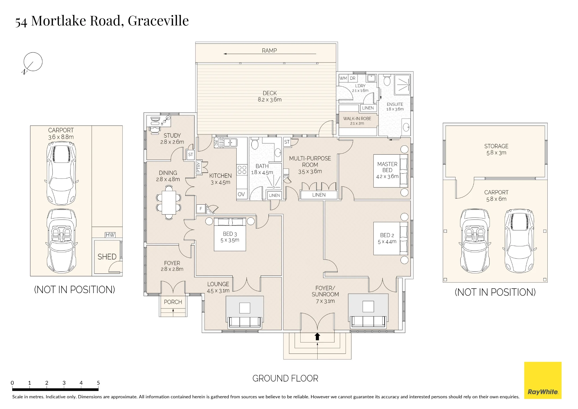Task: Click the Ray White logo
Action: pyautogui.click(x=543, y=380)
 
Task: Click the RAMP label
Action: pyautogui.click(x=269, y=51)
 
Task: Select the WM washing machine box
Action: pyautogui.click(x=343, y=78)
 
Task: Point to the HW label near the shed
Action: pyautogui.click(x=110, y=235)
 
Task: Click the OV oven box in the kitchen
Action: pyautogui.click(x=241, y=194)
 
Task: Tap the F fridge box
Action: pyautogui.click(x=201, y=209)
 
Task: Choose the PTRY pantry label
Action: pyautogui.click(x=199, y=167)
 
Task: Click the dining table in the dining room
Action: pyautogui.click(x=169, y=203)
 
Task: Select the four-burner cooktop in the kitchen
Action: pyautogui.click(x=242, y=170)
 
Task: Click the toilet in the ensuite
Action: pyautogui.click(x=387, y=80)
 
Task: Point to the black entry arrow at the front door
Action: pyautogui.click(x=317, y=336)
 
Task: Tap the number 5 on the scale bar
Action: pyautogui.click(x=98, y=383)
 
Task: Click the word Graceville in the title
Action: pyautogui.click(x=158, y=21)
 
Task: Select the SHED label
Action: pyautogui.click(x=107, y=257)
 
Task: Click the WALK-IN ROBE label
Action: pyautogui.click(x=357, y=119)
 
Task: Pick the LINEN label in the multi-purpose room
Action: pyautogui.click(x=319, y=195)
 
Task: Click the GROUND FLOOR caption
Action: pyautogui.click(x=285, y=378)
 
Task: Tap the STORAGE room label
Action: pyautogui.click(x=496, y=146)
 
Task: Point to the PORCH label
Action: pyautogui.click(x=173, y=302)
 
